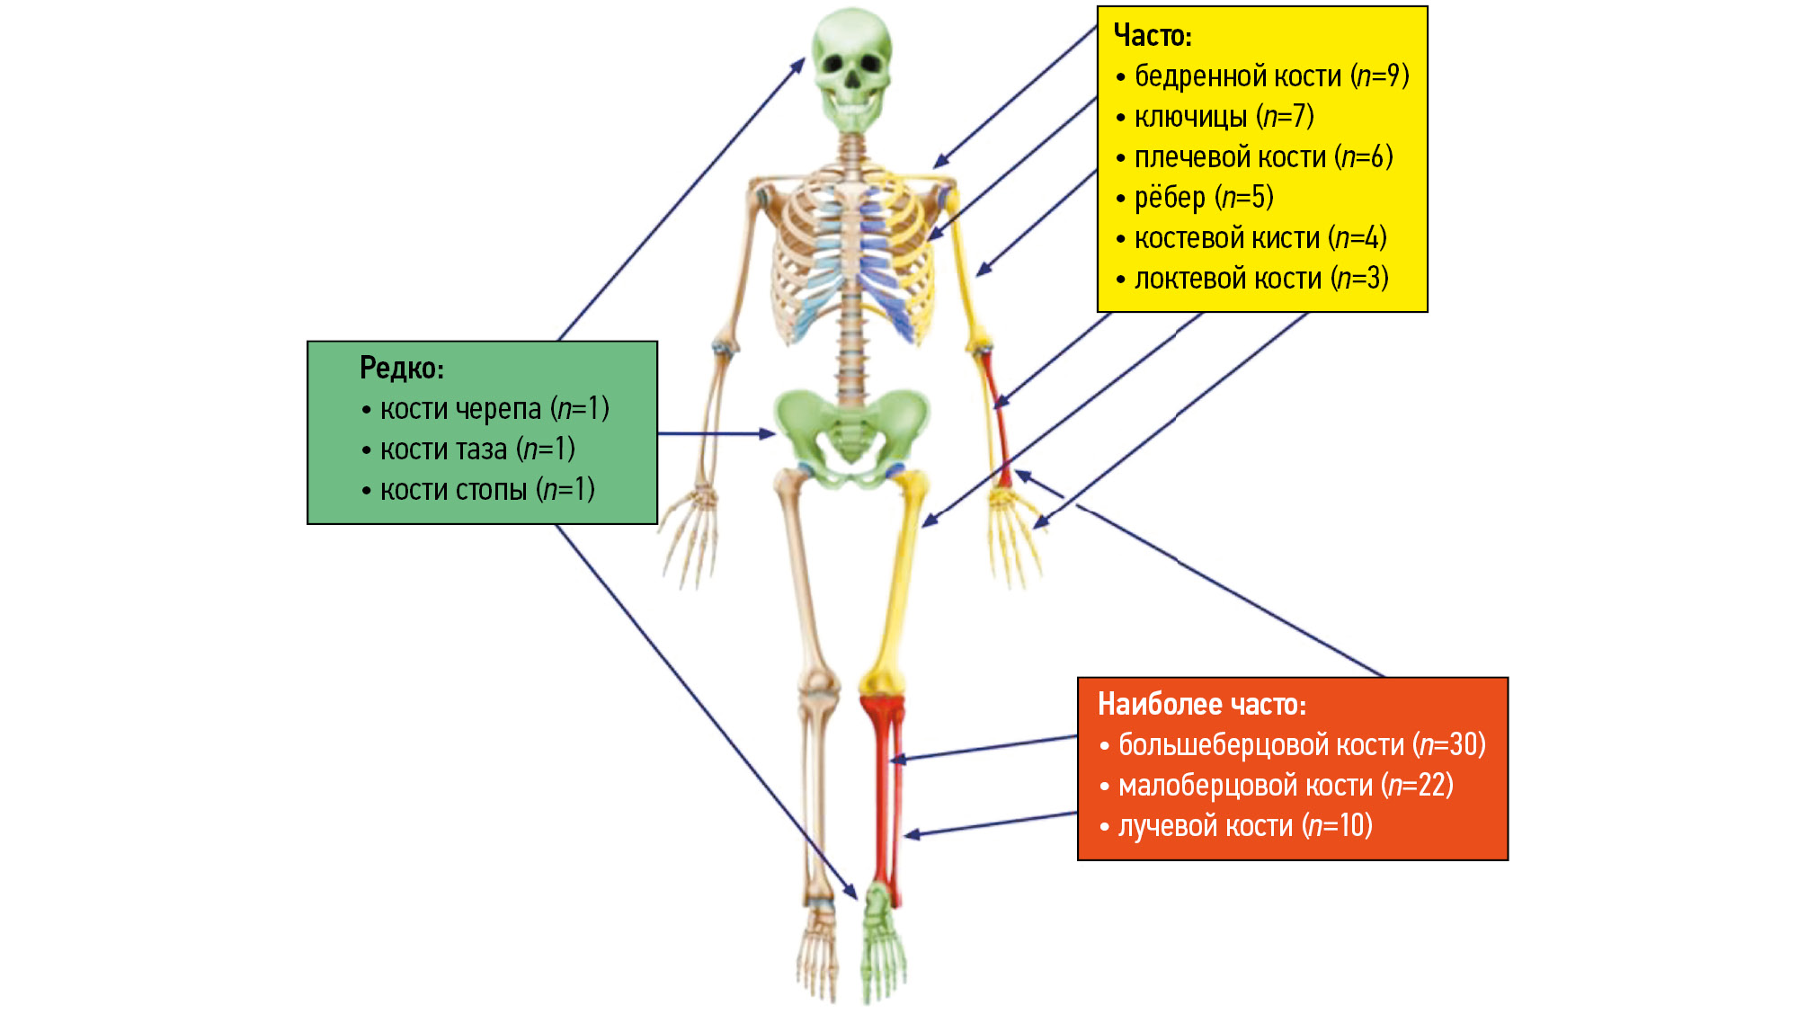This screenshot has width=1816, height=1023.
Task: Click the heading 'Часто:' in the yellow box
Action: click(1152, 36)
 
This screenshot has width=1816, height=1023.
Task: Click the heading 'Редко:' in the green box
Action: click(401, 368)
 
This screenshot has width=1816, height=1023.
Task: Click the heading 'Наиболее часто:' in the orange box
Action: click(1201, 704)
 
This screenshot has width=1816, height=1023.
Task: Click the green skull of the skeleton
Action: click(851, 67)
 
